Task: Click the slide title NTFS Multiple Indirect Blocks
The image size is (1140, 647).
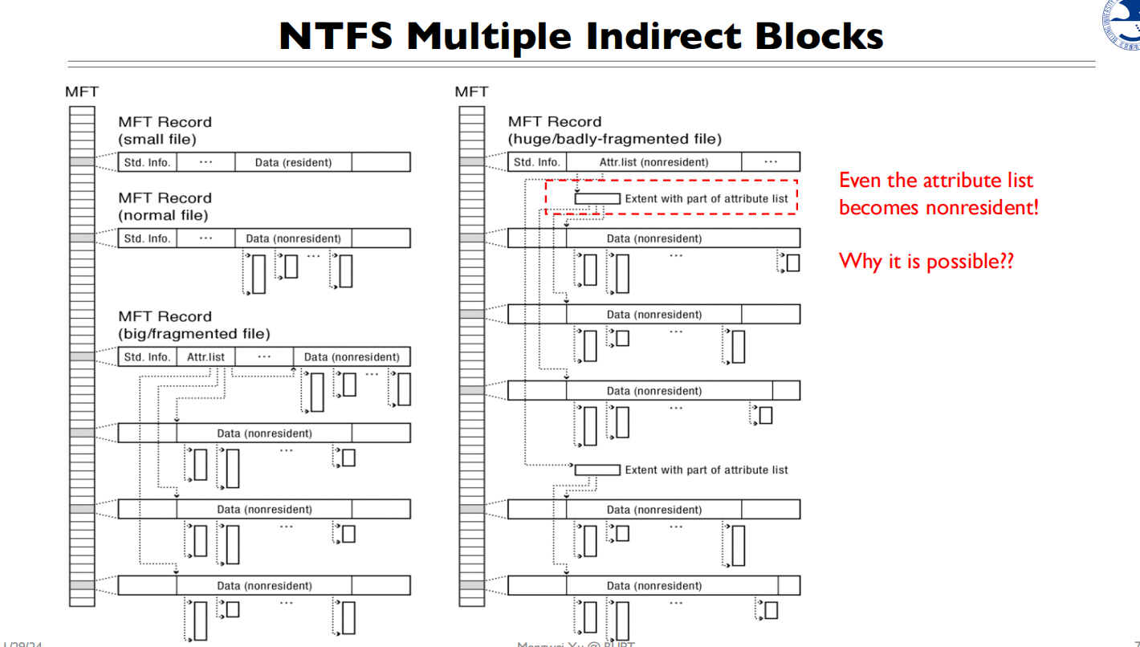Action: click(580, 36)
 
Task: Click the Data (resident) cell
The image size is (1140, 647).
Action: click(293, 162)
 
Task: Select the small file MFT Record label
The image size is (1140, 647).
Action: click(165, 130)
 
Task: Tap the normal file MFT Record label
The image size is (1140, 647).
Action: click(165, 206)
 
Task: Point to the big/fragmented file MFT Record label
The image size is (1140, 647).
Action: click(194, 325)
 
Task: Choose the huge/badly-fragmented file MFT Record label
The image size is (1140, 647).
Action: click(614, 130)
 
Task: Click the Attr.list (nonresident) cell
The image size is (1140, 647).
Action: click(653, 162)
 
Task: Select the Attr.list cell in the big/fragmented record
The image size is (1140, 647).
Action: click(206, 357)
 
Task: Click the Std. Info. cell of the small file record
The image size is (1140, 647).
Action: click(147, 162)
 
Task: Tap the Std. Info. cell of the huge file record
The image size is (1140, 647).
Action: click(537, 162)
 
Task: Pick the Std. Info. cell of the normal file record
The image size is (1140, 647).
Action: click(147, 238)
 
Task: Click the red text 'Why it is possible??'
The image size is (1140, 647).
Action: click(926, 261)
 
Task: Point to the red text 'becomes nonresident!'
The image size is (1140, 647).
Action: click(938, 208)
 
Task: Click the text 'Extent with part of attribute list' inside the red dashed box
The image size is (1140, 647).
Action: click(706, 198)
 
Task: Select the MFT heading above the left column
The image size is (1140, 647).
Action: click(82, 92)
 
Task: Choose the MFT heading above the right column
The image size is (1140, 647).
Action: click(471, 92)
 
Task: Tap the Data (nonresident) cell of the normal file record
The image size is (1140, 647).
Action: click(293, 238)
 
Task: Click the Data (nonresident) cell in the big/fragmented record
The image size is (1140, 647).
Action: click(352, 357)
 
